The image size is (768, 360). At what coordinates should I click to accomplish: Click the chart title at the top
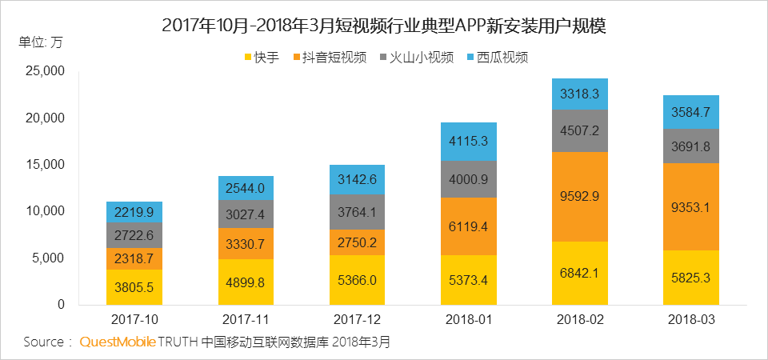[384, 25]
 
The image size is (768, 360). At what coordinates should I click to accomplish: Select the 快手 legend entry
[261, 58]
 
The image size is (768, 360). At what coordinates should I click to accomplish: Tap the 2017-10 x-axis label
[134, 319]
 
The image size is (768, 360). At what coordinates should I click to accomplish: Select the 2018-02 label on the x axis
[580, 319]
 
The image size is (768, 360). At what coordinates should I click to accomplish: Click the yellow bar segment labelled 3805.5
[134, 287]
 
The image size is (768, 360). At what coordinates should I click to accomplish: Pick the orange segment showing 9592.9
[580, 196]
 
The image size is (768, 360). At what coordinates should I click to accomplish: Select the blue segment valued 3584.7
[691, 112]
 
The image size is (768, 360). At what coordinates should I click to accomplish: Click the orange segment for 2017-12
[358, 242]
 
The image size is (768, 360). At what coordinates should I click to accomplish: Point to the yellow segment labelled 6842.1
[580, 273]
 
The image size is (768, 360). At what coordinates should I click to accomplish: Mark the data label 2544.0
[246, 188]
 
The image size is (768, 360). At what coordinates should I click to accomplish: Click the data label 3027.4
[246, 214]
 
